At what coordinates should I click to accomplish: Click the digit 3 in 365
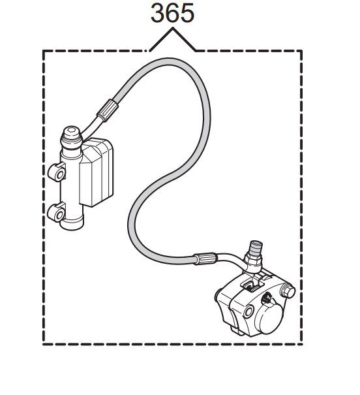click(158, 12)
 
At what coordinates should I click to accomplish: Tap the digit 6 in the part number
click(172, 12)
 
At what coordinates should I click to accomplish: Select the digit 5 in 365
click(187, 13)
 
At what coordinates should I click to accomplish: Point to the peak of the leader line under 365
click(173, 28)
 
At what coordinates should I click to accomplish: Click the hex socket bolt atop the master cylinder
click(72, 131)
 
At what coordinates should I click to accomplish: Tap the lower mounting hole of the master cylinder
click(59, 215)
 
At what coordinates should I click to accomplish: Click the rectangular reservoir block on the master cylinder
click(96, 172)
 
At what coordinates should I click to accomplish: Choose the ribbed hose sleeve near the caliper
click(204, 259)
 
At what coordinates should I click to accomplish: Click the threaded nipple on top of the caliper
click(256, 247)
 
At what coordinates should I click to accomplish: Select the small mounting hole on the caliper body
click(249, 311)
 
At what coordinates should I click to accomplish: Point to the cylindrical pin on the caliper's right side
click(288, 292)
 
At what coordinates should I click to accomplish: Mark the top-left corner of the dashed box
click(44, 51)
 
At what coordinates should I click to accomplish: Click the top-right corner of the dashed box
click(301, 51)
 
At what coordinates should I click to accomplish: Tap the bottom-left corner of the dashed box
click(44, 344)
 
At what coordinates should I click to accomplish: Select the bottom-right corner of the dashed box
click(301, 344)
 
